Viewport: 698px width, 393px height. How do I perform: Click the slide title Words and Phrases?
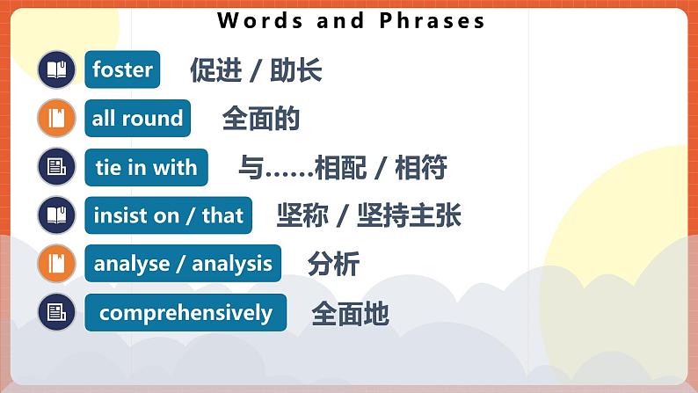351,21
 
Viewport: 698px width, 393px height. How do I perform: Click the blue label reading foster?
122,69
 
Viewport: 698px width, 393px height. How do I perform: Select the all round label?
137,118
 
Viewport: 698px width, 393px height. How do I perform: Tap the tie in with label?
146,167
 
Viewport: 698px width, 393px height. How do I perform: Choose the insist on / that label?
168,215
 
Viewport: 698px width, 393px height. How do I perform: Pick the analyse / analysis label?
183,264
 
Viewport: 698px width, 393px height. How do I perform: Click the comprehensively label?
185,313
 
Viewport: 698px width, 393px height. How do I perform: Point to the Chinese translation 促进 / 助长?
256,70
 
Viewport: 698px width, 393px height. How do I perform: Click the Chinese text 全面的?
261,119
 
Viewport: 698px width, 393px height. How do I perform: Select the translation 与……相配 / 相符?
342,167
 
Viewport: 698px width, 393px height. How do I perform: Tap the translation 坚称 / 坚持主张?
368,215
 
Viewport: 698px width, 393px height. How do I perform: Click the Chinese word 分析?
333,264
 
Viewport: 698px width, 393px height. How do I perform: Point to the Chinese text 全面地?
350,314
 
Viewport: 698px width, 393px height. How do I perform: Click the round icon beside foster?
57,69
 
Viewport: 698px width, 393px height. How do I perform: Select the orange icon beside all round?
57,118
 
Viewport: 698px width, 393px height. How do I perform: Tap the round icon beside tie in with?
57,167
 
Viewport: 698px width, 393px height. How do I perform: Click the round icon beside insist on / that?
57,215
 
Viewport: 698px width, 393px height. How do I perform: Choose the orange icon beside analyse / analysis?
57,264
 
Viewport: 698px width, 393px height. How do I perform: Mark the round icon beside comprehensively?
57,313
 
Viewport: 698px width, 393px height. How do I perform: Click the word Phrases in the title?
432,21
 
